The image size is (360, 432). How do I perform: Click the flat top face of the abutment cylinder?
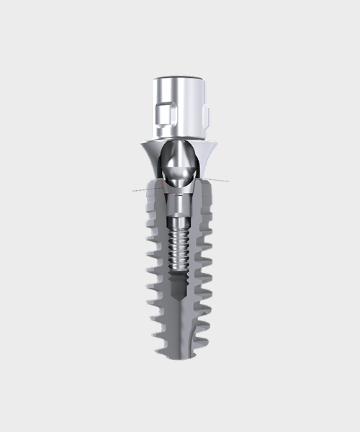point(179,78)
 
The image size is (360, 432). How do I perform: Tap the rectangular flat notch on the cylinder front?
point(162,114)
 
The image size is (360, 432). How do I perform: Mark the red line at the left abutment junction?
point(166,184)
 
